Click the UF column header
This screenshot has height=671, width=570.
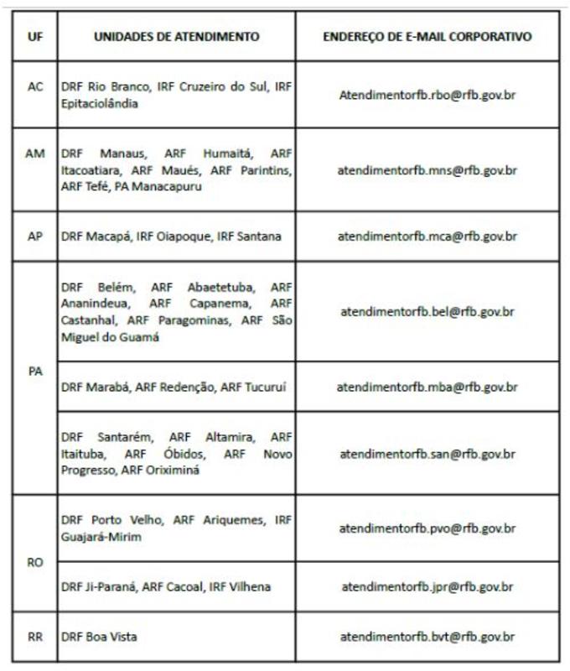(35, 37)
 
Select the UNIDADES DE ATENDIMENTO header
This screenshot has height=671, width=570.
(176, 37)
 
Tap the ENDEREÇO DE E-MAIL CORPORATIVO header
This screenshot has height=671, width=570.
(427, 37)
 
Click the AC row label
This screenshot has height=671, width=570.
(35, 87)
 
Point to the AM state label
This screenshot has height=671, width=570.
(35, 154)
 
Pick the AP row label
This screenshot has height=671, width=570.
(35, 236)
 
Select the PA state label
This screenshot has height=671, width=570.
(35, 372)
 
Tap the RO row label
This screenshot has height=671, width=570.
(35, 562)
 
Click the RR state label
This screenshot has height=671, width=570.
(35, 637)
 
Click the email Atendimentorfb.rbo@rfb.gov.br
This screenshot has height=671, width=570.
(427, 96)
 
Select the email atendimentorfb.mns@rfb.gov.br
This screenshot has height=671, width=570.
(427, 170)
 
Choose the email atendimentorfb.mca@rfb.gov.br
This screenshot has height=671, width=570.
(427, 237)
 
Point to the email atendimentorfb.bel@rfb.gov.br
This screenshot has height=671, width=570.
(427, 311)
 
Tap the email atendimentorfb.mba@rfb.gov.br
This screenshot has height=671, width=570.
(427, 387)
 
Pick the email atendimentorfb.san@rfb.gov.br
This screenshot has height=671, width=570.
(427, 454)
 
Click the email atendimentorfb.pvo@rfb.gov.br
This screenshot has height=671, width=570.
(427, 528)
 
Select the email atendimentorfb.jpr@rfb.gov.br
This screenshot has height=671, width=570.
(427, 587)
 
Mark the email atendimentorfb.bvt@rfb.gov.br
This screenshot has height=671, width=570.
(427, 637)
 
